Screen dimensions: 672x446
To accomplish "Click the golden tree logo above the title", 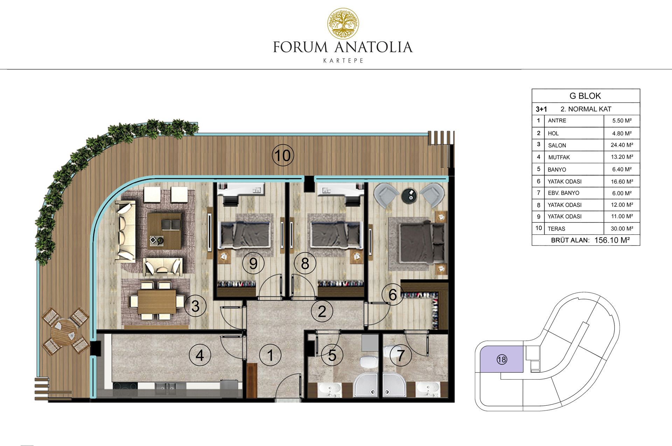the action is point(343,23).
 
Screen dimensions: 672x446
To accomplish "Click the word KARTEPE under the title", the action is point(343,61).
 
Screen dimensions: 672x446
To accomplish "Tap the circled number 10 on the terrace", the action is point(283,155).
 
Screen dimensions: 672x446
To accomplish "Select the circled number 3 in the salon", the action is point(195,306).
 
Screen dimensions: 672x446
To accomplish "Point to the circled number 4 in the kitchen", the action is point(199,355).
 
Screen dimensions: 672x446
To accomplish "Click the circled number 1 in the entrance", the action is point(270,355).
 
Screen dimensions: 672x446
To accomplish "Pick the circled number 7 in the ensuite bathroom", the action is point(400,355).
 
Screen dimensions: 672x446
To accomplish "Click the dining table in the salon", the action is point(156,302).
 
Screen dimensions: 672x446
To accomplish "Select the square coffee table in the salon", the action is point(164,231).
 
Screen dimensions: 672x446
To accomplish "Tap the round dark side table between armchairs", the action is point(409,195).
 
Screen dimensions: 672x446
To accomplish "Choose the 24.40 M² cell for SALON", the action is point(622,145).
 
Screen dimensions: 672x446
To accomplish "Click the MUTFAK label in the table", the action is point(559,157).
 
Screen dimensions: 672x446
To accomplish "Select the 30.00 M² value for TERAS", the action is point(622,228).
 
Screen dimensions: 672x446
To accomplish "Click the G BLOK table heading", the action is point(585,96).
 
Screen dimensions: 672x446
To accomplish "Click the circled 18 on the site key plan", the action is point(502,359).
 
